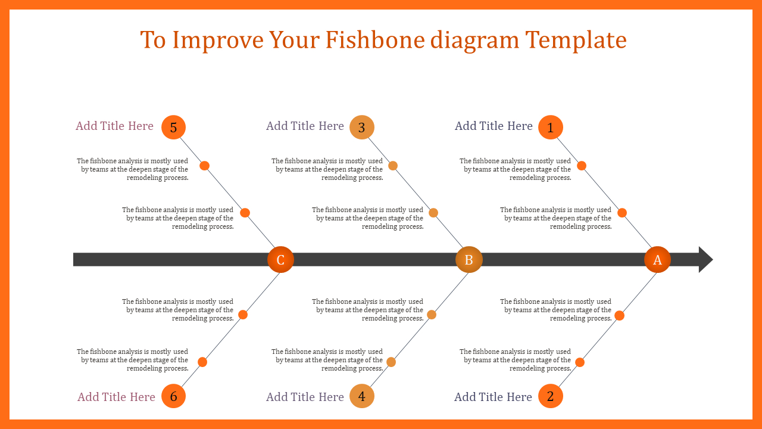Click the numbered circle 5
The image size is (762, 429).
click(173, 128)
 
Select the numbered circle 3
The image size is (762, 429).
click(362, 128)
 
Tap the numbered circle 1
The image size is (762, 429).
click(551, 128)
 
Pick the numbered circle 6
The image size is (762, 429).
click(173, 396)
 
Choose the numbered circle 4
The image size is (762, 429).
click(362, 396)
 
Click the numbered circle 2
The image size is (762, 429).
click(551, 396)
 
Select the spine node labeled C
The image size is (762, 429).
click(280, 259)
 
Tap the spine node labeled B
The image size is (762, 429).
click(469, 259)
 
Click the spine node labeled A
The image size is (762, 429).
click(657, 259)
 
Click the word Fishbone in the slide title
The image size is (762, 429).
click(375, 40)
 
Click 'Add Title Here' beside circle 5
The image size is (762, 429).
click(114, 126)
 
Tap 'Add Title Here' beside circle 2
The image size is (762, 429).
click(494, 397)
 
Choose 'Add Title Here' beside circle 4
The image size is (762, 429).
click(305, 397)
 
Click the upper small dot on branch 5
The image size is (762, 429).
click(204, 166)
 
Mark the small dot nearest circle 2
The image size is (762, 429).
click(580, 362)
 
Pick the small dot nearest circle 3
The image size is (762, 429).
click(393, 166)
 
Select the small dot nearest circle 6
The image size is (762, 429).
click(202, 362)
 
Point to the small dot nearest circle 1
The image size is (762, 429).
click(582, 166)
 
